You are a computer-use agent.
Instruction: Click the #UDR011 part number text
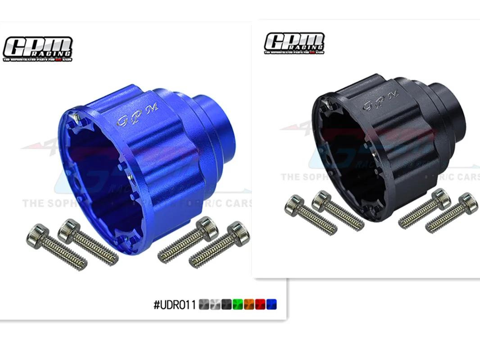[175, 305]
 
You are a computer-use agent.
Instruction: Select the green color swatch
[238, 305]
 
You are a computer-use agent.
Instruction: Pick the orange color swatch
[249, 305]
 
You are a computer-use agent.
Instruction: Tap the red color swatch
[260, 305]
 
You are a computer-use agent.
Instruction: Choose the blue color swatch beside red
[272, 305]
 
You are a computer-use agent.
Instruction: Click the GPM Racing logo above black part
[294, 43]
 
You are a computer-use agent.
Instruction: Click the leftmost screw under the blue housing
[56, 247]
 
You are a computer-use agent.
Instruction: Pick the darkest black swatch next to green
[226, 305]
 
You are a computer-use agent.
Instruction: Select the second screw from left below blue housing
[88, 241]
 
